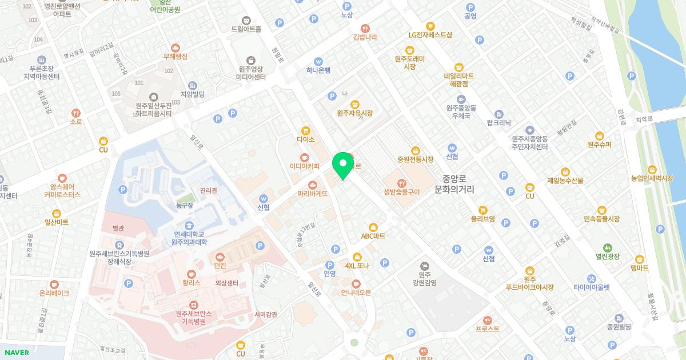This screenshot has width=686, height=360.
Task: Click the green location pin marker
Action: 343,166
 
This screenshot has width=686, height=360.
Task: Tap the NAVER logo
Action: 16,353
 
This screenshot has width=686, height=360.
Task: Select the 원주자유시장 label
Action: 354,113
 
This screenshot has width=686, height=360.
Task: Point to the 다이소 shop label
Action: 306,139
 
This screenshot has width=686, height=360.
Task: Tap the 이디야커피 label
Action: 304,166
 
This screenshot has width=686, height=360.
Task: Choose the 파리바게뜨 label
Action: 313,193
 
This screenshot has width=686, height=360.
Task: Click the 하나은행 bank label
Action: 318,70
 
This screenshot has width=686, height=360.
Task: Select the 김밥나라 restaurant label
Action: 365,37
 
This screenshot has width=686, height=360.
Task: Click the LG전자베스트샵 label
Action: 430,34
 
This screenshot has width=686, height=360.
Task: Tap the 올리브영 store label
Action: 482,219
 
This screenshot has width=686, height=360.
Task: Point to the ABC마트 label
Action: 373,235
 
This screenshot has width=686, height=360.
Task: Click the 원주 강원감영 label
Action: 424,278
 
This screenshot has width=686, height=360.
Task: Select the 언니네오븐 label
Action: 356,293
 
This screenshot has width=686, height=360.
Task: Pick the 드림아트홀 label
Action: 246,29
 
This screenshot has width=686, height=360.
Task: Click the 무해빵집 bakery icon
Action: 176,48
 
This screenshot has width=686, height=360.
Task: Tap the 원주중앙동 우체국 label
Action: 460,111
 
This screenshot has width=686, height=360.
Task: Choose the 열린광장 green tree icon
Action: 607,248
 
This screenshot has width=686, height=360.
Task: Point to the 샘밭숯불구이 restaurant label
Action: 402,192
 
